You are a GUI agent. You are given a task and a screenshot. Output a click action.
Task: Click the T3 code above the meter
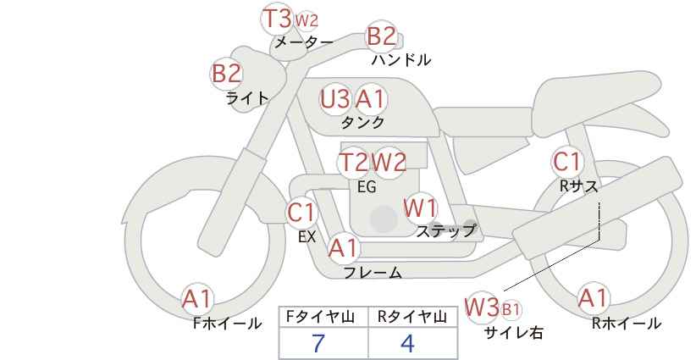(x=277, y=19)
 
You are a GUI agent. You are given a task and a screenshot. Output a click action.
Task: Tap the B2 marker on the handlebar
(x=381, y=36)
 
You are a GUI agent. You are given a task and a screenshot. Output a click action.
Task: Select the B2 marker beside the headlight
(x=226, y=73)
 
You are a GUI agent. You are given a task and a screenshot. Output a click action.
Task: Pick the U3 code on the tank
(x=334, y=99)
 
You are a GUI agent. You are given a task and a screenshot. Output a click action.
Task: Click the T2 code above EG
(x=353, y=163)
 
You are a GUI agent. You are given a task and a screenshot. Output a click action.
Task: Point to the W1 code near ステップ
(x=420, y=208)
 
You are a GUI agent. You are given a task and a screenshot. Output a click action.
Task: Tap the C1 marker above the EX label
(x=301, y=213)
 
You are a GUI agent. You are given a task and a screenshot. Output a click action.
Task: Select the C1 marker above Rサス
(x=566, y=162)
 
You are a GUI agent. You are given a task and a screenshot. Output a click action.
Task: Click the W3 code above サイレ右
(x=482, y=307)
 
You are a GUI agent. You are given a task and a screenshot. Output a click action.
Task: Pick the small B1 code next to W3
(x=511, y=309)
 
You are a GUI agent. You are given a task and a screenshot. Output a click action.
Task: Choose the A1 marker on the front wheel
(x=197, y=299)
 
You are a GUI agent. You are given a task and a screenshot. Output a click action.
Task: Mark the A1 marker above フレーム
(x=343, y=248)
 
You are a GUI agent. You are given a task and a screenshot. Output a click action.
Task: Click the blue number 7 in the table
(x=318, y=343)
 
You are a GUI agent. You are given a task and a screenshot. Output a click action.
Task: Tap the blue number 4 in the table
(x=407, y=343)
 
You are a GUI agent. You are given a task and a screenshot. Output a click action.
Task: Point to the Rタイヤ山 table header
(x=412, y=317)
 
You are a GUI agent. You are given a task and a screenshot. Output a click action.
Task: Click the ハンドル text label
(x=401, y=59)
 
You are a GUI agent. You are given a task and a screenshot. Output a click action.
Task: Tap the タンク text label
(x=362, y=122)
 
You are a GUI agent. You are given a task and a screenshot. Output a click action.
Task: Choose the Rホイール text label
(x=627, y=324)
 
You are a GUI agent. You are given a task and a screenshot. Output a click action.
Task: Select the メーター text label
(x=304, y=42)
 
